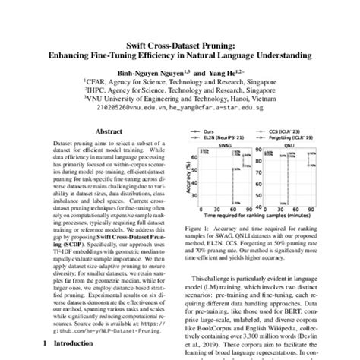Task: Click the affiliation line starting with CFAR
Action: tap(180, 78)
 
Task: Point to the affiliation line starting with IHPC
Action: tap(180, 88)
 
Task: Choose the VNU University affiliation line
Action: tap(180, 98)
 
